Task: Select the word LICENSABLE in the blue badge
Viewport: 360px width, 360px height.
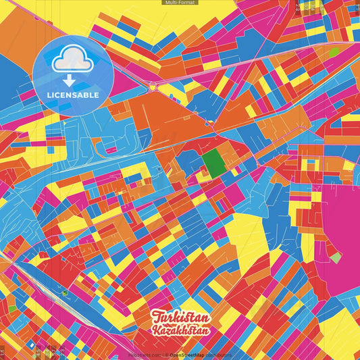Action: (73, 95)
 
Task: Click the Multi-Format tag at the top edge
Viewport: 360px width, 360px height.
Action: (180, 3)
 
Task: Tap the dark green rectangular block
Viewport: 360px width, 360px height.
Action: (213, 163)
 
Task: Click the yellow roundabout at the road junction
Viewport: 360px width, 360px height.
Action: (153, 86)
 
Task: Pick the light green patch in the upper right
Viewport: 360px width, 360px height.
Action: (334, 51)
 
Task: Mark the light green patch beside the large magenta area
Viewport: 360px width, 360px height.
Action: (336, 258)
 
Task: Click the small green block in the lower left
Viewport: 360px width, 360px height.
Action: (12, 309)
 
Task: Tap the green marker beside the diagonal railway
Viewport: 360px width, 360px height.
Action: (65, 292)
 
